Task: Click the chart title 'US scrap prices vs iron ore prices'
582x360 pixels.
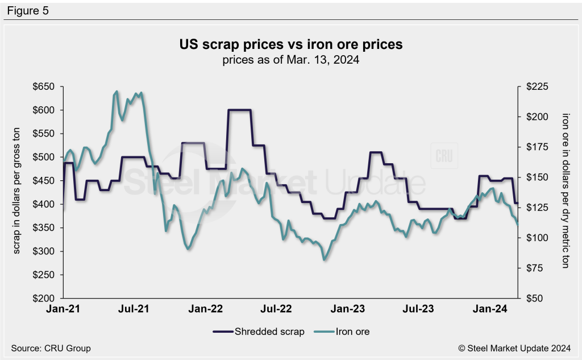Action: pyautogui.click(x=291, y=44)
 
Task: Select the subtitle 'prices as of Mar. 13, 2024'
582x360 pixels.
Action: pyautogui.click(x=291, y=59)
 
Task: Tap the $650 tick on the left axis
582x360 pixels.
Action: pyautogui.click(x=43, y=86)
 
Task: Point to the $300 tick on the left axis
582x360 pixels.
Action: pyautogui.click(x=43, y=251)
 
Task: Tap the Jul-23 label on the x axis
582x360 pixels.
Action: pyautogui.click(x=419, y=309)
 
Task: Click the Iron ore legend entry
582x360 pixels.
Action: pyautogui.click(x=346, y=331)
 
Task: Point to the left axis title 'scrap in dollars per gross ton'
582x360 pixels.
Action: pyautogui.click(x=18, y=192)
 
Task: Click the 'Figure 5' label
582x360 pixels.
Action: pyautogui.click(x=28, y=10)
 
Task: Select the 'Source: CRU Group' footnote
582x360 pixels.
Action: pyautogui.click(x=51, y=348)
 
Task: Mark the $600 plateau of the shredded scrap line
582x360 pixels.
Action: pyautogui.click(x=239, y=110)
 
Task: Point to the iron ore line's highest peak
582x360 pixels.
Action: pyautogui.click(x=117, y=91)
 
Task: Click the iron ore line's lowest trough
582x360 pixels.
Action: pyautogui.click(x=324, y=260)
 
